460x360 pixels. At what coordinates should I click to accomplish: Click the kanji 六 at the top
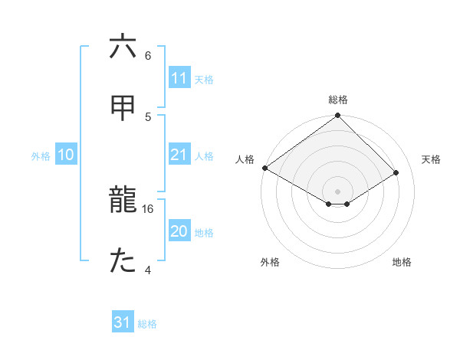tap(123, 47)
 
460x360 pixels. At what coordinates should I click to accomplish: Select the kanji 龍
tap(123, 201)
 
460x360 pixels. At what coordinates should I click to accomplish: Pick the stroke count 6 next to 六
tap(148, 55)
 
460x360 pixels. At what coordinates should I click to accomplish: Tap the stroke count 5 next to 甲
tap(148, 116)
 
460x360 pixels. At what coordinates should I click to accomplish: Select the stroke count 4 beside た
tap(148, 270)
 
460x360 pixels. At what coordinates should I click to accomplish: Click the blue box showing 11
tap(179, 77)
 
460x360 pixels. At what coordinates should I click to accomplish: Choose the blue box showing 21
tap(179, 155)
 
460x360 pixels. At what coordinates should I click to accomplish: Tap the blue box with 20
tap(179, 231)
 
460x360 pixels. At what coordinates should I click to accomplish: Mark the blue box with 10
tap(66, 155)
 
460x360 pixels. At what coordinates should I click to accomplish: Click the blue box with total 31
tap(123, 322)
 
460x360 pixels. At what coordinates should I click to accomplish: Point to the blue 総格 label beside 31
tap(147, 324)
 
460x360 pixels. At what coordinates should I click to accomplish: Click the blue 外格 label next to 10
tap(41, 155)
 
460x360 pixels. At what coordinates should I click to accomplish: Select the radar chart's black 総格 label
tap(338, 100)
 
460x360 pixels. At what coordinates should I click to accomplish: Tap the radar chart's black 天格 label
tap(431, 159)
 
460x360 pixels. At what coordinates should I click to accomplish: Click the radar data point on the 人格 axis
tap(265, 168)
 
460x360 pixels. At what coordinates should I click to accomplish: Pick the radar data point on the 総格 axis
tap(338, 116)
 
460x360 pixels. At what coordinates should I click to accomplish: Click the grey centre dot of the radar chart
tap(338, 191)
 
